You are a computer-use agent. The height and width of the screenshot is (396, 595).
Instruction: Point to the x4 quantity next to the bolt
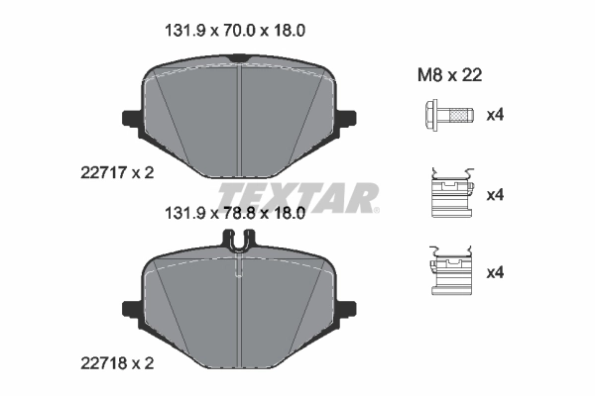coord(495,116)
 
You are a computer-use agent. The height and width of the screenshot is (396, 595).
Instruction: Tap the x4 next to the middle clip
coord(495,195)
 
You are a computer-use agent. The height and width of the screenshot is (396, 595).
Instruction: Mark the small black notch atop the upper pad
coord(238,61)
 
